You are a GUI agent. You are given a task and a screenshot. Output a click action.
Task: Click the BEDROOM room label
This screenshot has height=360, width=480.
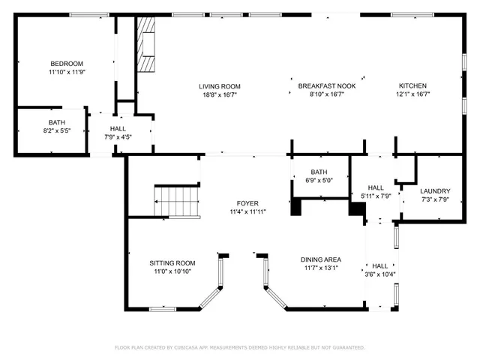[x=67, y=63]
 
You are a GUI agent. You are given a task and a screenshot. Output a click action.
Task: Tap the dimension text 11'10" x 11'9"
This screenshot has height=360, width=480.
[x=67, y=72]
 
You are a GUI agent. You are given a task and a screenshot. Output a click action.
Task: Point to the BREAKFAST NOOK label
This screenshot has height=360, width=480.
[x=326, y=86]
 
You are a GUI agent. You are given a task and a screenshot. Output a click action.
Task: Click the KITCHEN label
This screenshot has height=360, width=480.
[x=412, y=86]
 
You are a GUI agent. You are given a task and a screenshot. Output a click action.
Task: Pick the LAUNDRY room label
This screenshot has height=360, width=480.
[x=434, y=190]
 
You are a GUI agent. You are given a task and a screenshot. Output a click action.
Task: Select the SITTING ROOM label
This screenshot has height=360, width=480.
[x=172, y=262]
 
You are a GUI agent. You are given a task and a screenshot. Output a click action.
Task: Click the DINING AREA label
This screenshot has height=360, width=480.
[x=322, y=259]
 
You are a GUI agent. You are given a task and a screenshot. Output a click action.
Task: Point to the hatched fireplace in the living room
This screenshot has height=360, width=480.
[x=146, y=45]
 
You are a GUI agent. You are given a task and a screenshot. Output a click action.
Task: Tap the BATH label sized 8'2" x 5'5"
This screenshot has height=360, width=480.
[x=57, y=122]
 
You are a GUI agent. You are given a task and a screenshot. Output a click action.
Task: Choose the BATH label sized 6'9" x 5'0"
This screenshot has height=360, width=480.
[x=319, y=172]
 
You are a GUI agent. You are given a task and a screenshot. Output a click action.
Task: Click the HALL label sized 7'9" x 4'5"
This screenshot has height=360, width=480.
[x=118, y=128]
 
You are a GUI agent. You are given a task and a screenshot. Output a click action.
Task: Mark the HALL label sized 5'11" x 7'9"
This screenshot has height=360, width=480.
[x=376, y=187]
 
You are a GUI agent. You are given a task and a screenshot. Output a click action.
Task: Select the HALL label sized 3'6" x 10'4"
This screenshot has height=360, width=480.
[x=380, y=265]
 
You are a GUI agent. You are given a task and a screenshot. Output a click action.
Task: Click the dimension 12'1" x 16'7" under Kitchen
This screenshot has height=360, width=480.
[x=412, y=94]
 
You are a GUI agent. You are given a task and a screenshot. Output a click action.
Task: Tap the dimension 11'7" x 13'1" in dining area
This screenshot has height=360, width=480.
[x=322, y=268]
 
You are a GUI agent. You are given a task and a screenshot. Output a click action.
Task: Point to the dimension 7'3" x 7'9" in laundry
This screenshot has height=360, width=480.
[x=434, y=199]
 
